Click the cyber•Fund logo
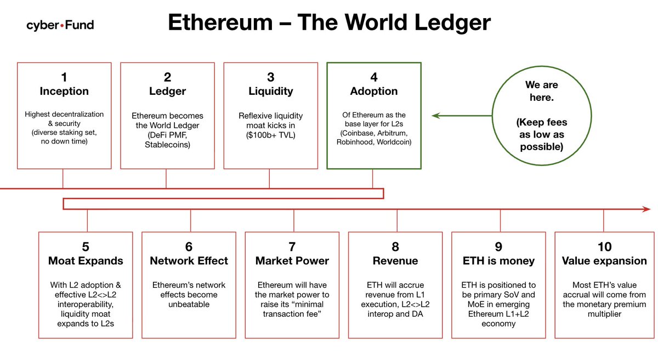[60, 25]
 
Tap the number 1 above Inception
[64, 78]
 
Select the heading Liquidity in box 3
[270, 91]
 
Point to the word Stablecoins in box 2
[167, 145]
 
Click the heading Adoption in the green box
[374, 91]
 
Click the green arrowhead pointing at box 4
[435, 116]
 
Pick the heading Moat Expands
[86, 261]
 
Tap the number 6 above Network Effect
[189, 247]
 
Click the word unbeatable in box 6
[189, 304]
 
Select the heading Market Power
[292, 261]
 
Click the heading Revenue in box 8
[395, 261]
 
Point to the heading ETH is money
[498, 261]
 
